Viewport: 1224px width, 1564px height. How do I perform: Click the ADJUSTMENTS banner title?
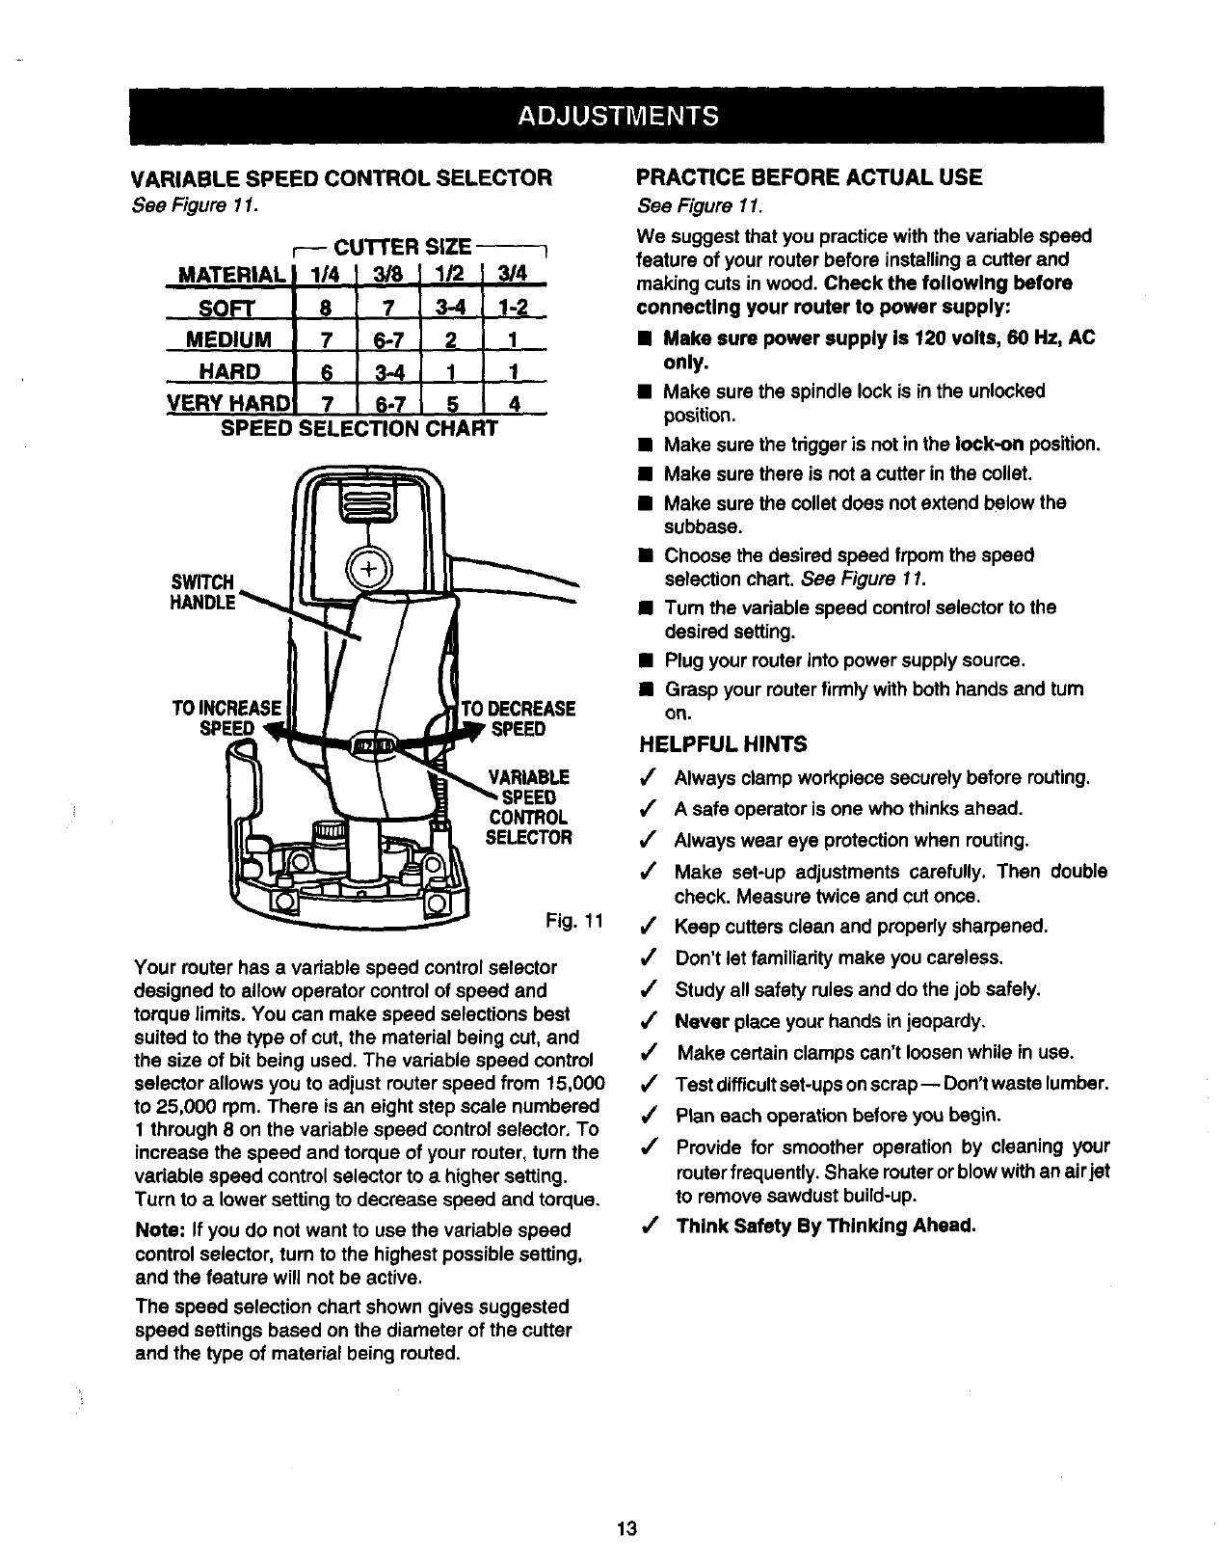617,116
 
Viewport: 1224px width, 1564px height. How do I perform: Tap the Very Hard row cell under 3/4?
514,403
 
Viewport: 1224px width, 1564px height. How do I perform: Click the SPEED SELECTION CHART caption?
359,427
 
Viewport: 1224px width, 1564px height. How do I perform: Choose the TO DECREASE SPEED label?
519,718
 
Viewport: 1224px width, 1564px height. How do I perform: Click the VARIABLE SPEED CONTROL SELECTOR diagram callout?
528,807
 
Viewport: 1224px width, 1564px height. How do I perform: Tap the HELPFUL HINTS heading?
723,743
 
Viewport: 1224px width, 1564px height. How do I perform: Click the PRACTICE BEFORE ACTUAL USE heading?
810,176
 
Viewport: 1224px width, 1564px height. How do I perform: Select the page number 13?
627,1528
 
